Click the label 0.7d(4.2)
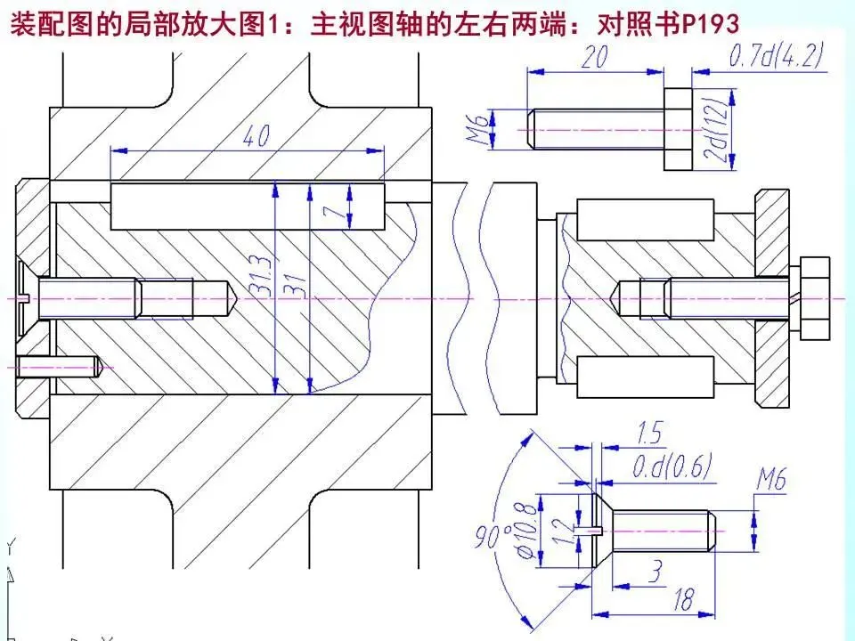pos(776,58)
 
